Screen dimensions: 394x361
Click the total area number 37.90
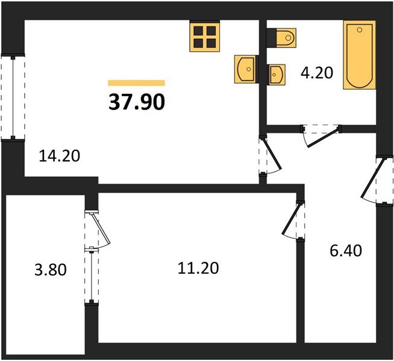coord(137,102)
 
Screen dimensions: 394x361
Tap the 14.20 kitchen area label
coord(60,156)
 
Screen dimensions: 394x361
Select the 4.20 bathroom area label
coord(317,73)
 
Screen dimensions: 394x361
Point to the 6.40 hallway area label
coord(346,251)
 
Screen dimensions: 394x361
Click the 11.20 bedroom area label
coord(198,268)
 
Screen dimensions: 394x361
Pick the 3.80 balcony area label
coord(51,270)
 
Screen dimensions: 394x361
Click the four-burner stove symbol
coord(205,37)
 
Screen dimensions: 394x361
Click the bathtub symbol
coord(360,55)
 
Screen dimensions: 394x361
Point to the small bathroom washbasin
coord(277,75)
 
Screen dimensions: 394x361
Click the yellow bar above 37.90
coord(136,83)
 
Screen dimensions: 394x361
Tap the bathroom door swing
coord(321,136)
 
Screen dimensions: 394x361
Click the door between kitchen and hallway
coord(270,156)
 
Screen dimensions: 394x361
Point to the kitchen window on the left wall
coord(13,97)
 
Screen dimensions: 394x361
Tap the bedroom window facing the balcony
coord(92,276)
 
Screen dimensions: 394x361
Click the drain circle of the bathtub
coord(360,30)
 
